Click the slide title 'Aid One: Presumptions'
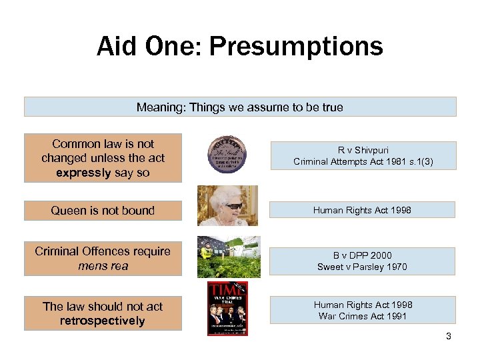[240, 47]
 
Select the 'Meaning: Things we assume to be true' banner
[240, 107]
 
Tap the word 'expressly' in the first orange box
[84, 173]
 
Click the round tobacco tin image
[227, 157]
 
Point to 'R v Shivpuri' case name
[363, 151]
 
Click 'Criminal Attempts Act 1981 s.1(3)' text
[363, 161]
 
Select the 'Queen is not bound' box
[103, 211]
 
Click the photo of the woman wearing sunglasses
[227, 206]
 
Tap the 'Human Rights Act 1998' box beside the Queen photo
[363, 210]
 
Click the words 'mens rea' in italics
[103, 266]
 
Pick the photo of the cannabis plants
[229, 257]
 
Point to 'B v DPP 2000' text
[363, 255]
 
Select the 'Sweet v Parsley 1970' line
[363, 267]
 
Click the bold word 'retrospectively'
[103, 321]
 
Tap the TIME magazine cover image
[227, 308]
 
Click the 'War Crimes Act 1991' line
[363, 316]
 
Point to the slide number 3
[449, 337]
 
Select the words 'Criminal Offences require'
[103, 251]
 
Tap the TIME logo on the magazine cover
[227, 289]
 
